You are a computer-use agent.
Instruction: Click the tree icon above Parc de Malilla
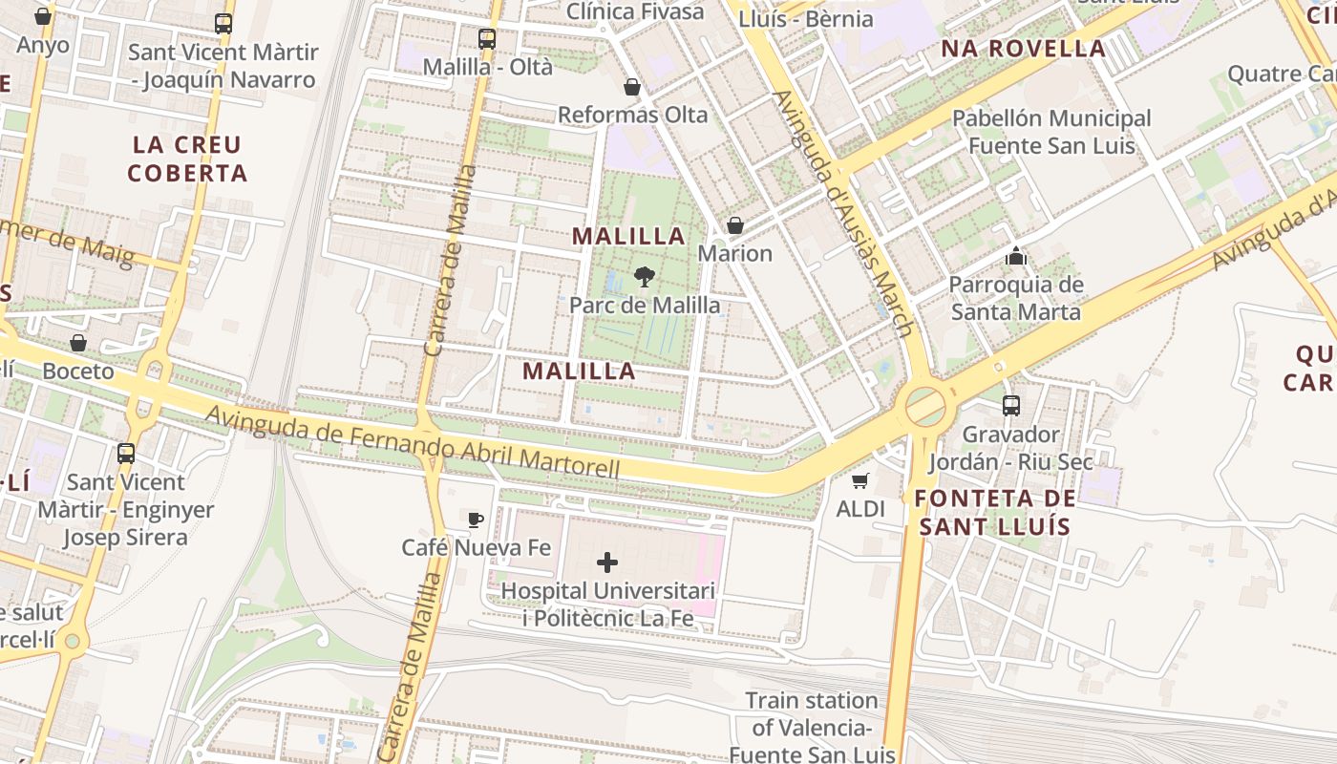tap(645, 277)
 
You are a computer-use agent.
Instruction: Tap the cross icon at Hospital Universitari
tap(606, 562)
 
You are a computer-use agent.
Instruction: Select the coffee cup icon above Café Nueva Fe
tap(476, 520)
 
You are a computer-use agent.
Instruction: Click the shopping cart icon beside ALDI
tap(860, 480)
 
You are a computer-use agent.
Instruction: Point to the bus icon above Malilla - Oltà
tap(487, 39)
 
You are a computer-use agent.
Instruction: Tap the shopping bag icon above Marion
tap(735, 225)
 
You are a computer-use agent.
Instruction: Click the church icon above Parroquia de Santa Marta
tap(1016, 256)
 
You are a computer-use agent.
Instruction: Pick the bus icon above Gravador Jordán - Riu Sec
tap(1011, 406)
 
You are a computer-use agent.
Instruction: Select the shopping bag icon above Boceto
tap(78, 342)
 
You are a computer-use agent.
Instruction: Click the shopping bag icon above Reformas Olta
tap(632, 87)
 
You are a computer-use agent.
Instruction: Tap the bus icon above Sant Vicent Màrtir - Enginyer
tap(126, 454)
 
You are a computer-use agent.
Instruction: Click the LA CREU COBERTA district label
tap(187, 159)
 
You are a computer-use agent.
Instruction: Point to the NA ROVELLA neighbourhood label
tap(1023, 49)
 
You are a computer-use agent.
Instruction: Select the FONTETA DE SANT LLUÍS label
tap(994, 512)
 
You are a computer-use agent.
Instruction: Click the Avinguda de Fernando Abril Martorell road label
tap(413, 442)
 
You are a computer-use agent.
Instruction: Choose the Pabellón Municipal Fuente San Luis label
tap(1051, 132)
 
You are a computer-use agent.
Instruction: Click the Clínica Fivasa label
tap(635, 11)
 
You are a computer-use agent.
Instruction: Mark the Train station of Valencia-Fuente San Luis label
tap(812, 727)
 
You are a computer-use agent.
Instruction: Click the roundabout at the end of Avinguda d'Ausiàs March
tap(925, 405)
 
